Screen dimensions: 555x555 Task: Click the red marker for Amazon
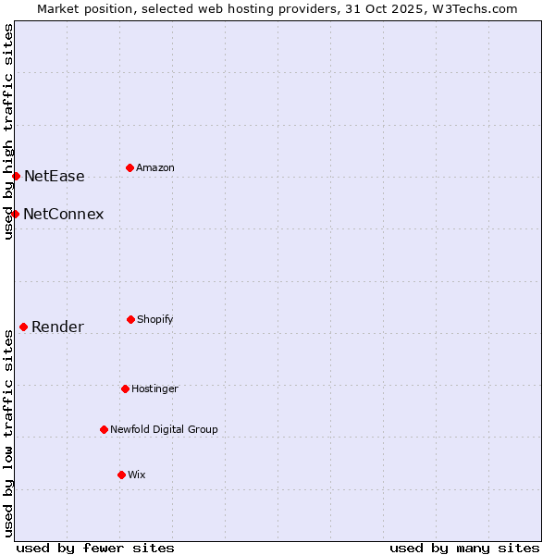pyautogui.click(x=129, y=167)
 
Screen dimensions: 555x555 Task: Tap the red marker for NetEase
pyautogui.click(x=16, y=176)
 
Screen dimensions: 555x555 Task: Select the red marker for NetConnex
pyautogui.click(x=15, y=214)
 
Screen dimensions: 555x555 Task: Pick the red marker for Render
pyautogui.click(x=23, y=327)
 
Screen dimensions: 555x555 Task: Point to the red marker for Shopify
pyautogui.click(x=130, y=319)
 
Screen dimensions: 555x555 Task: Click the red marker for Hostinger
pyautogui.click(x=125, y=388)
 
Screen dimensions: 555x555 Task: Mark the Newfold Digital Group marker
pyautogui.click(x=104, y=429)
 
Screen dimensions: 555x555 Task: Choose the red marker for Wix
pyautogui.click(x=121, y=475)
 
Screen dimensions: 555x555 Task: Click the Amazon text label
pyautogui.click(x=155, y=167)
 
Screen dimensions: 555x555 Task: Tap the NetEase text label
pyautogui.click(x=54, y=176)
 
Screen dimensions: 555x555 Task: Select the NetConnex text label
pyautogui.click(x=63, y=214)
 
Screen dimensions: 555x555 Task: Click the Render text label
pyautogui.click(x=57, y=327)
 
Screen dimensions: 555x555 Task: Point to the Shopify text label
pyautogui.click(x=155, y=319)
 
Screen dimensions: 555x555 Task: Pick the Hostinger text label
pyautogui.click(x=154, y=388)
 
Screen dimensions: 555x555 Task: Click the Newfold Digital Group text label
pyautogui.click(x=164, y=429)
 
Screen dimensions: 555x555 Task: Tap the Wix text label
pyautogui.click(x=137, y=475)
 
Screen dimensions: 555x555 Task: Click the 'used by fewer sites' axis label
pyautogui.click(x=95, y=548)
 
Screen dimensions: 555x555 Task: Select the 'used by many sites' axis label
pyautogui.click(x=464, y=548)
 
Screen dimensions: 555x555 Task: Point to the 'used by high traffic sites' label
pyautogui.click(x=8, y=131)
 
